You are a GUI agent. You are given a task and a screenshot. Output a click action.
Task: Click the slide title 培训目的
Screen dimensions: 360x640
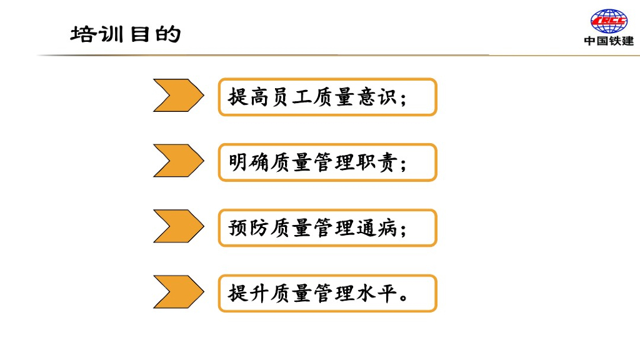click(126, 33)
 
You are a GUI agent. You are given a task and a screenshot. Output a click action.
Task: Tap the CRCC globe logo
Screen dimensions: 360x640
click(609, 21)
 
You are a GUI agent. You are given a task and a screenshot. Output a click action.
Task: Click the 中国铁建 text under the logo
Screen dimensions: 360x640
click(609, 41)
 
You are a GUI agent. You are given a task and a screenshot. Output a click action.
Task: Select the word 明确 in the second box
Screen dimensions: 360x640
click(249, 163)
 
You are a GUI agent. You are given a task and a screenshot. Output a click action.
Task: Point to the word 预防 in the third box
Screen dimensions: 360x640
click(249, 228)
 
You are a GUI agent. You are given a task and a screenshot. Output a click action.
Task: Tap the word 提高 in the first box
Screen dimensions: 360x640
click(249, 97)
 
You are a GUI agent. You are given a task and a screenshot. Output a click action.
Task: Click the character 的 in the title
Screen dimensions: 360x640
click(168, 33)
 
